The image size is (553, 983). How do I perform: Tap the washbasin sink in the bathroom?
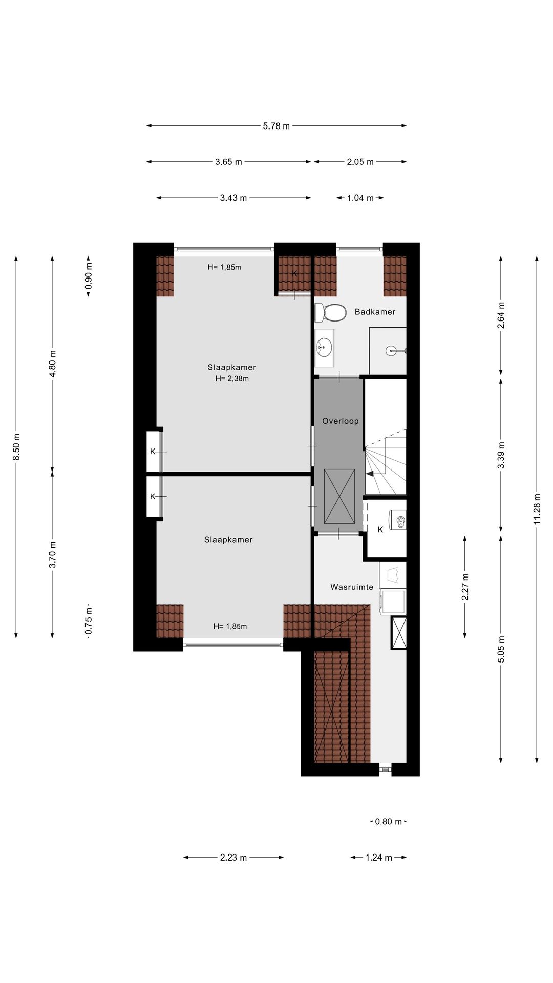point(324,348)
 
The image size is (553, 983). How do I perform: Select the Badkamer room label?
point(375,312)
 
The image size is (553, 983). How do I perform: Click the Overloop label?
point(341,421)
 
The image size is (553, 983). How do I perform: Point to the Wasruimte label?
point(352,587)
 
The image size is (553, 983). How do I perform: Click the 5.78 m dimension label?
point(276,126)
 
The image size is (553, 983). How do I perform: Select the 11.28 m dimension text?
point(537,508)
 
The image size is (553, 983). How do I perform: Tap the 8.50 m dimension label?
point(16,447)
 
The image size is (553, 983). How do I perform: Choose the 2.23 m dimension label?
point(233,858)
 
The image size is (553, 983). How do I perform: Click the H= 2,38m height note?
point(232,379)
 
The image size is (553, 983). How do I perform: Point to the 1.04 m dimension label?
point(360,198)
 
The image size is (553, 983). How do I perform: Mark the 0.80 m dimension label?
point(389,822)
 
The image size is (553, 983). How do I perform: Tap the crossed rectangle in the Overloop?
point(339,497)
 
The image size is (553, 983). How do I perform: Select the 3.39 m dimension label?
point(501,455)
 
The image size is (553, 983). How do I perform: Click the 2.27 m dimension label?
point(465,587)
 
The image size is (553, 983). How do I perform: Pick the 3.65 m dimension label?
point(228,162)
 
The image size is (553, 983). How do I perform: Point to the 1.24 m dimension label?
point(379,858)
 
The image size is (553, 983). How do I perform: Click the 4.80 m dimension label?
point(52,364)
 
